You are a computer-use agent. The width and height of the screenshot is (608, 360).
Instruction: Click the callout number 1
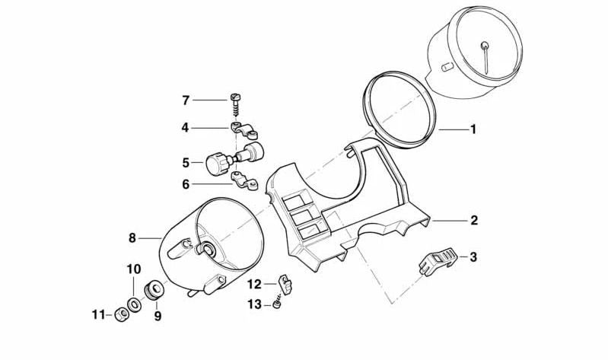[473, 129]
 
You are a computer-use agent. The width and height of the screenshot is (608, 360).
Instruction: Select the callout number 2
[473, 221]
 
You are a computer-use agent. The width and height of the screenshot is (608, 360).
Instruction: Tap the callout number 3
[473, 257]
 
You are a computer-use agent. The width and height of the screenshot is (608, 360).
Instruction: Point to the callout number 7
[185, 100]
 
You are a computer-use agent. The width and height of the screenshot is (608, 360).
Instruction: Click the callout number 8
[132, 238]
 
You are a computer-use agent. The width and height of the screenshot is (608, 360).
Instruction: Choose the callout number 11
[97, 314]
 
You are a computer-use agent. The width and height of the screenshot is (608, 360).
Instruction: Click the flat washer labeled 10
[133, 304]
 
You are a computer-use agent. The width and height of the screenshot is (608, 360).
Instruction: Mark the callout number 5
[185, 162]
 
